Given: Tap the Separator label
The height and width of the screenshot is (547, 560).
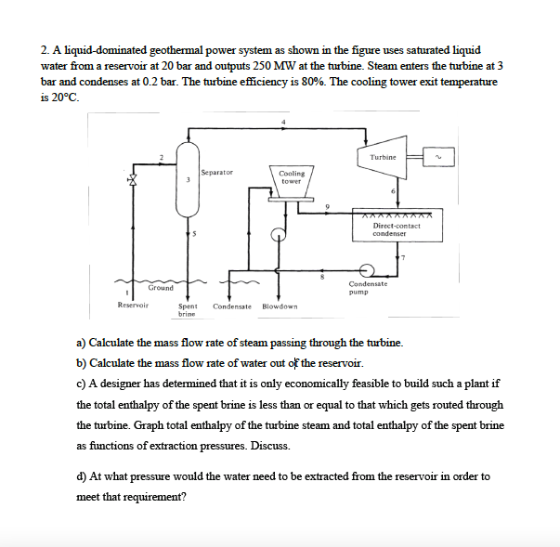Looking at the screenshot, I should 216,172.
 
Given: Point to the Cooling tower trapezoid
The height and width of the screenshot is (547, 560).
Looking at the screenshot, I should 291,177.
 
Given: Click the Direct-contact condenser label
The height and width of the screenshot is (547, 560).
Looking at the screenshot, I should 397,229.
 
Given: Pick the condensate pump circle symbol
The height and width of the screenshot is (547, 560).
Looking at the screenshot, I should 367,269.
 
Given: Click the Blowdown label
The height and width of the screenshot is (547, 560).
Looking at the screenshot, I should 280,306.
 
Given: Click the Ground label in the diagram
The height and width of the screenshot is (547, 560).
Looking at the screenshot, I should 160,288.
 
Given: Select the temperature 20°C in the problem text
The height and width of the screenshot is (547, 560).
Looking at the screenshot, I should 66,97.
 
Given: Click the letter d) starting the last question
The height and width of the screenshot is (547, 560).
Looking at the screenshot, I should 82,476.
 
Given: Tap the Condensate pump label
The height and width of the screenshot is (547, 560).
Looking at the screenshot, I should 369,288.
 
